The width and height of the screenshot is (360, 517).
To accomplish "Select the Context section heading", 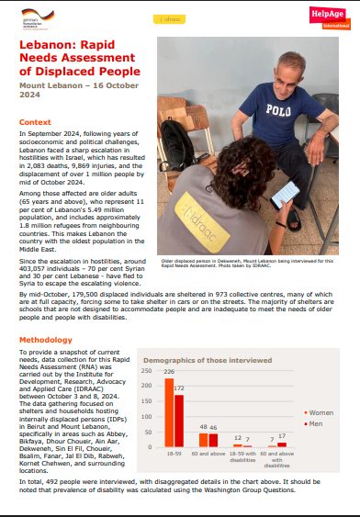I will [x=35, y=122].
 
